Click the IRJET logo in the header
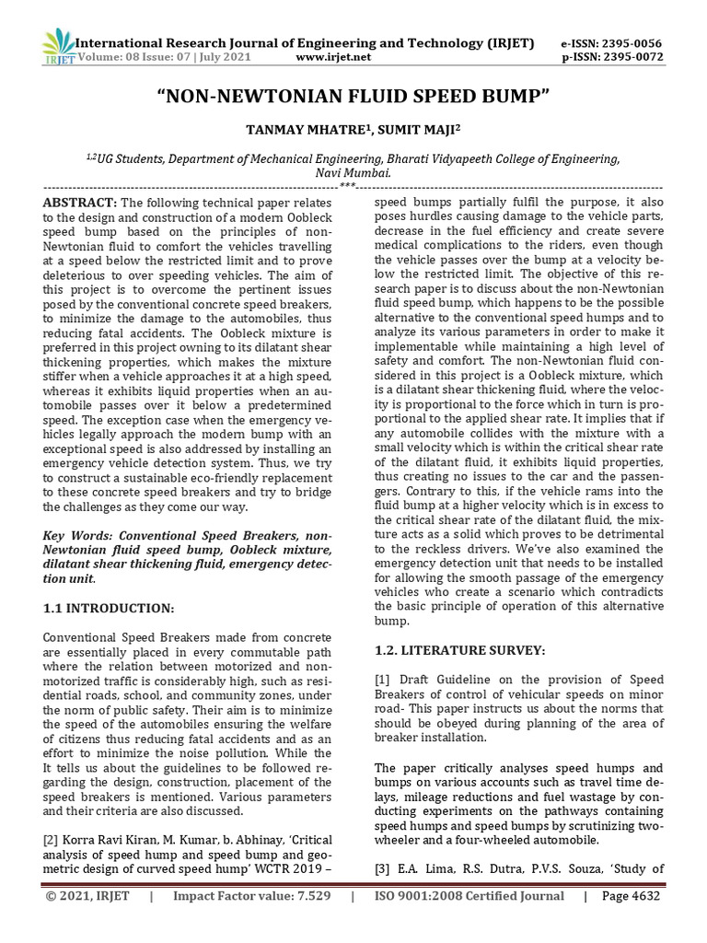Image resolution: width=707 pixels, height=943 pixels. (57, 47)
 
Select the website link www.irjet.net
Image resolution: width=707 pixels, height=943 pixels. (334, 57)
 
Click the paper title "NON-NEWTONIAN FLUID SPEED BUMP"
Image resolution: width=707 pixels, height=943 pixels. (353, 97)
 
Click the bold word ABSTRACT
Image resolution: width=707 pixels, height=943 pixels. (79, 203)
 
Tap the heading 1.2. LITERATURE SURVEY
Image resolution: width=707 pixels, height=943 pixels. (460, 650)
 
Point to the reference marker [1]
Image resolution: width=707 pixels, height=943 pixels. (383, 679)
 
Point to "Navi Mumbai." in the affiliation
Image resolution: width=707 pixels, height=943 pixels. (353, 172)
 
